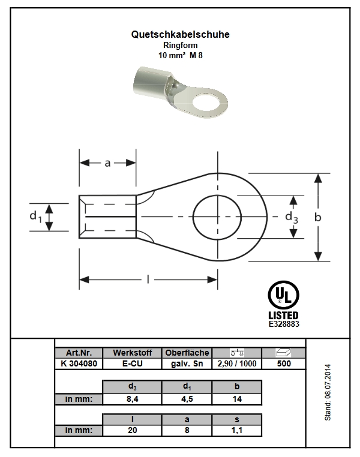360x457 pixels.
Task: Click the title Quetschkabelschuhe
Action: [x=180, y=34]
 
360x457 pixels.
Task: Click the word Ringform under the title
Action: [x=180, y=45]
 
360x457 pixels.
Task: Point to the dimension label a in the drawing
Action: [x=107, y=163]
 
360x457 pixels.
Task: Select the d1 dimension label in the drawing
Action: [x=35, y=217]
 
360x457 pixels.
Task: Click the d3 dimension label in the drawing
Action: [x=291, y=218]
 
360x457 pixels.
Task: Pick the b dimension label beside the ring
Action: [x=318, y=217]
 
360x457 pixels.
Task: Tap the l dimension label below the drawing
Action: [x=148, y=279]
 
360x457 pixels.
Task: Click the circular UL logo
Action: [x=283, y=294]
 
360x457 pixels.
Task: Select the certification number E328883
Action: [x=284, y=324]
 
